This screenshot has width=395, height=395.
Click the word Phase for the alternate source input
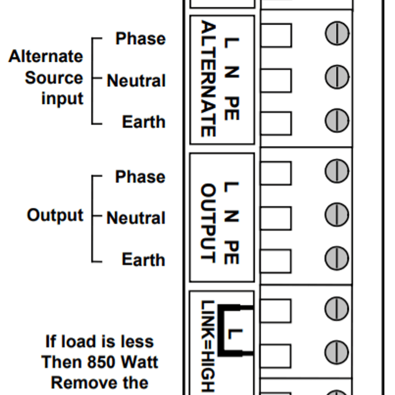click(141, 39)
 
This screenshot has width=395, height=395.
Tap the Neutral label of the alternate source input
click(137, 81)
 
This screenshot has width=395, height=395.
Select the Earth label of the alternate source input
click(143, 122)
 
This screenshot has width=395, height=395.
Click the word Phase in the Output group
click(141, 177)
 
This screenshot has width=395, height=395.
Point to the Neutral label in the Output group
click(136, 218)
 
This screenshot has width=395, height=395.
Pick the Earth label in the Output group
click(143, 260)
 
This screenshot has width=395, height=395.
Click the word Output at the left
click(55, 216)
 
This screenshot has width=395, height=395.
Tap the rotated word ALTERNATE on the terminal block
click(208, 78)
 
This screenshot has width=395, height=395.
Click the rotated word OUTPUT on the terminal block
click(208, 223)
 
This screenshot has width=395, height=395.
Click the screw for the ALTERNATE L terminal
click(337, 33)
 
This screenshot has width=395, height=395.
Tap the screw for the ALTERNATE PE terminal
click(337, 120)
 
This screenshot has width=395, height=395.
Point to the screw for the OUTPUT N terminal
click(337, 215)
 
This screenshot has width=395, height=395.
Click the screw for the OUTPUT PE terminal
click(337, 258)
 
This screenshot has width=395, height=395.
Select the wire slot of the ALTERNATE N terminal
click(276, 80)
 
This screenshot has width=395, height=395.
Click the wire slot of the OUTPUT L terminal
click(276, 173)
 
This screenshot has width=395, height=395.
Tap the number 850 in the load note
click(101, 362)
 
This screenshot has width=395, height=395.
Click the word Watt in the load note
click(139, 362)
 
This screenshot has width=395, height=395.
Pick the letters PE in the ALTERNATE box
click(232, 108)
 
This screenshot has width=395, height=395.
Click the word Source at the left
click(54, 78)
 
